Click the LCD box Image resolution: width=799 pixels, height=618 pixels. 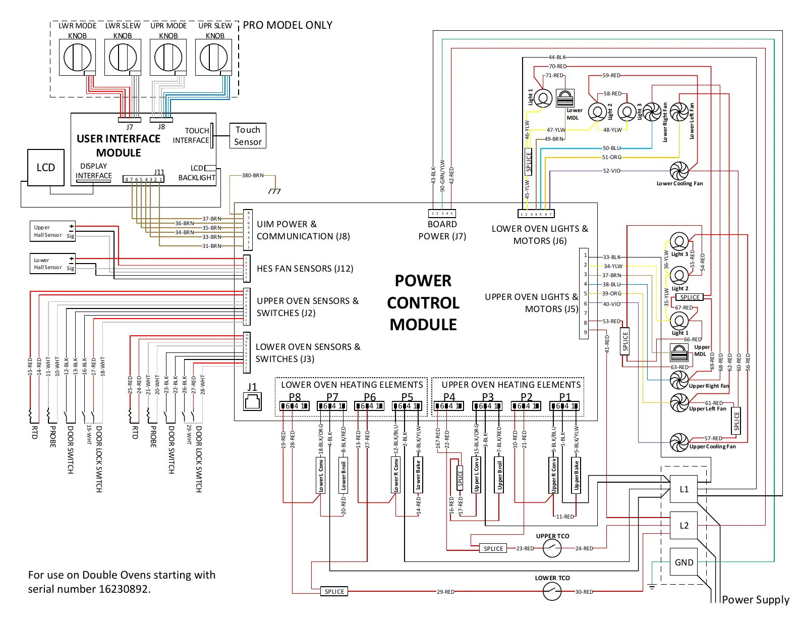click(x=46, y=168)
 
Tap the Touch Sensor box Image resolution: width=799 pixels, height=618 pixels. click(x=248, y=136)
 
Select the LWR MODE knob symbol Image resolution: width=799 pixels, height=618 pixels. click(x=77, y=58)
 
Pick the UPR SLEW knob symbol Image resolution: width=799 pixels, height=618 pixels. click(x=214, y=58)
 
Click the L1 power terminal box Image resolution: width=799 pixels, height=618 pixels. click(x=683, y=489)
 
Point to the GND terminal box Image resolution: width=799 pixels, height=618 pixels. click(x=683, y=562)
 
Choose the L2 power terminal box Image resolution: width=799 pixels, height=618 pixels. click(x=683, y=526)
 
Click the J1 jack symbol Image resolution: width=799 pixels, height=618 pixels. click(x=252, y=401)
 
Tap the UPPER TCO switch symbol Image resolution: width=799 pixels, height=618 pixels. click(x=552, y=548)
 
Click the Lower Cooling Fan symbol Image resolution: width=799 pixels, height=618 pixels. click(x=679, y=171)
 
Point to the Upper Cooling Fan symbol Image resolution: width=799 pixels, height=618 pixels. click(x=679, y=442)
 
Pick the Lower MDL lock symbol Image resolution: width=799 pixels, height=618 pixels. click(x=565, y=98)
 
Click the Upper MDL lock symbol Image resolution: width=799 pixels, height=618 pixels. click(x=679, y=352)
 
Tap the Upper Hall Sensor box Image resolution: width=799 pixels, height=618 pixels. click(x=53, y=231)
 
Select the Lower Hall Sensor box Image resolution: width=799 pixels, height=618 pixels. click(x=53, y=264)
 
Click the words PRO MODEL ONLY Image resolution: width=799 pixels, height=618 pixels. click(x=288, y=25)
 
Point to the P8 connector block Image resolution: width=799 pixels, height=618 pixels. click(x=295, y=406)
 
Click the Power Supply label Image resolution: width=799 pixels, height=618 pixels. click(x=755, y=600)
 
